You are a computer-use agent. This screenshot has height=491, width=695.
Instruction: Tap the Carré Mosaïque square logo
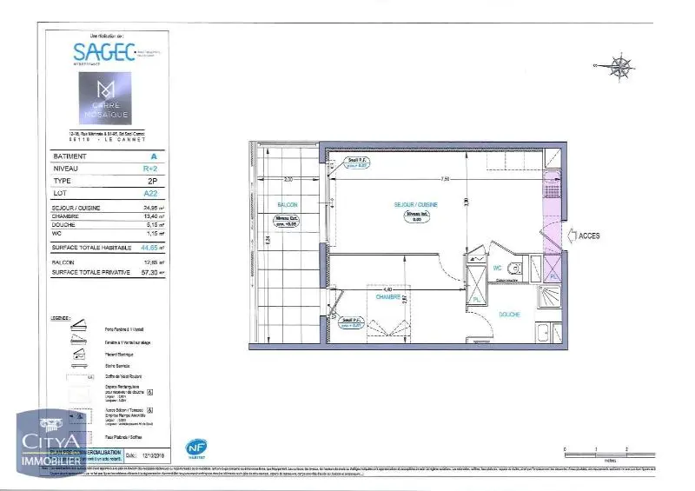tap(104, 97)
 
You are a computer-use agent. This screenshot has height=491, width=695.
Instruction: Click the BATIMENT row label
tap(69, 156)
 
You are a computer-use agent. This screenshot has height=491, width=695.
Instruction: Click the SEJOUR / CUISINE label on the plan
tap(415, 204)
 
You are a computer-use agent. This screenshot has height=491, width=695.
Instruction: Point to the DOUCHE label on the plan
tap(509, 313)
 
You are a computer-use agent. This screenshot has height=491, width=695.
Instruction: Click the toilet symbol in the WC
tap(515, 268)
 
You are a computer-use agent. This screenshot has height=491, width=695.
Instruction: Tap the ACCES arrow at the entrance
tap(584, 235)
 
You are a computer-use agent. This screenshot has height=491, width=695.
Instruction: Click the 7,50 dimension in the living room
tap(444, 180)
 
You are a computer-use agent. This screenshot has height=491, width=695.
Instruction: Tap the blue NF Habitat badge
tap(196, 448)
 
